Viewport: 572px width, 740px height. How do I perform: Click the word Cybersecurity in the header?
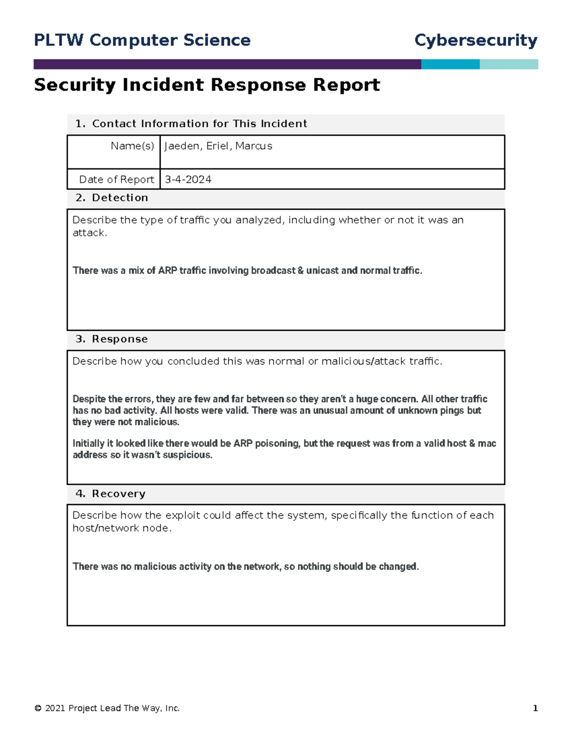point(475,41)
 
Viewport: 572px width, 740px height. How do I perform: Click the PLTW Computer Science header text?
point(142,41)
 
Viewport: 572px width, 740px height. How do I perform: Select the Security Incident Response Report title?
point(207,85)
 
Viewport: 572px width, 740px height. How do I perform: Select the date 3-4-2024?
point(188,180)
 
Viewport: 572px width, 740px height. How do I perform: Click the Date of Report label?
point(116,180)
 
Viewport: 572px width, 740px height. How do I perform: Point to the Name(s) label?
point(132,146)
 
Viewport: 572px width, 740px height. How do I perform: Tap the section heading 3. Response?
point(112,339)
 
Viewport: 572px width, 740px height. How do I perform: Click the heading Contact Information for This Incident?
point(199,124)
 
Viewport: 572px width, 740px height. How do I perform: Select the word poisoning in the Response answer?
point(277,444)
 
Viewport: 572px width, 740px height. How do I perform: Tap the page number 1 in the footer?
point(535,709)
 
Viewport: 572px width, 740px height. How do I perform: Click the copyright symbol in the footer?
point(38,709)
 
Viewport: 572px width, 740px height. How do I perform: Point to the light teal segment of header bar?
point(509,64)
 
